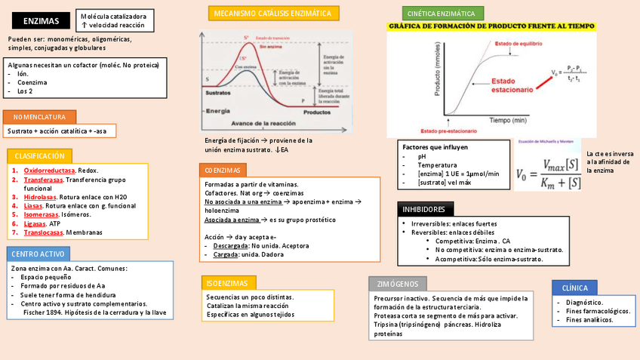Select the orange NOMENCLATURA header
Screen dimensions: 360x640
39,117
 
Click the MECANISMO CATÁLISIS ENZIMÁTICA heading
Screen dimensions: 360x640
273,14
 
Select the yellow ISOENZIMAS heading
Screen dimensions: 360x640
226,283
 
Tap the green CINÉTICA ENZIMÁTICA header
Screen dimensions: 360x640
442,14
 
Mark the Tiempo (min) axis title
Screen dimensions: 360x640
507,120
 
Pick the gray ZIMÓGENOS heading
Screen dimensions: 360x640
397,284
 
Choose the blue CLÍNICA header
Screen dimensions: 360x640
575,288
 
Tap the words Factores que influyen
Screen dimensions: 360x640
435,147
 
